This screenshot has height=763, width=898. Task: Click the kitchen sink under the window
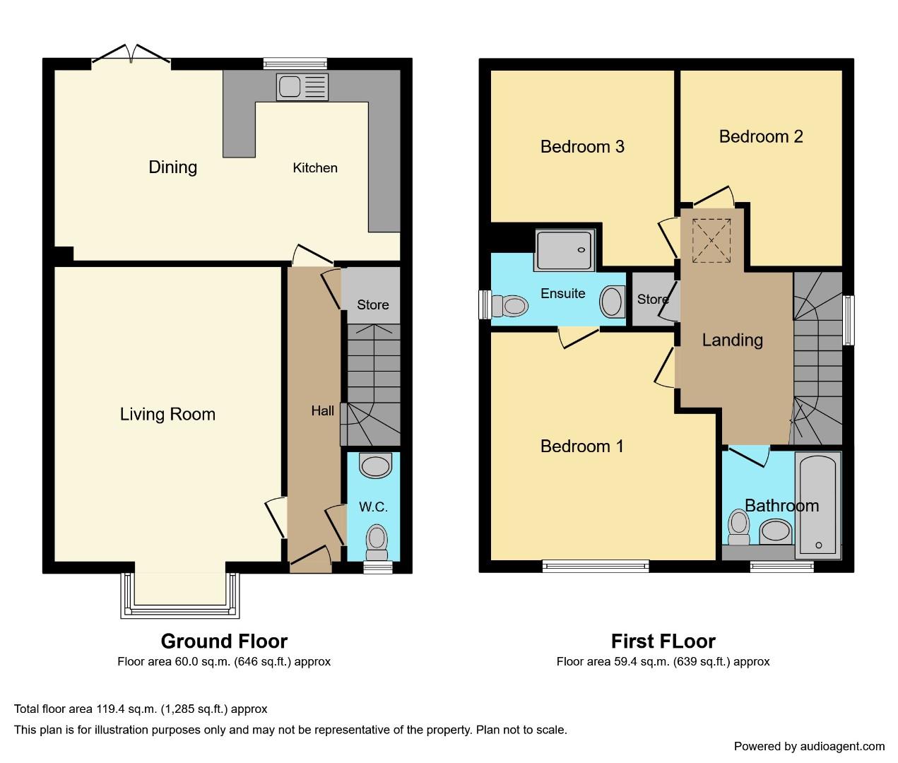coord(302,86)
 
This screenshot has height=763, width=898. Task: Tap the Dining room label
coord(173,167)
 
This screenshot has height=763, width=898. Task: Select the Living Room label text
coord(167,415)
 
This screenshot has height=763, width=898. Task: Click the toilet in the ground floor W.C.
coord(377,543)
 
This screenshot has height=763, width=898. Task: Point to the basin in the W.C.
coord(375,465)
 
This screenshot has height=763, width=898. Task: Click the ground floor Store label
coord(373,305)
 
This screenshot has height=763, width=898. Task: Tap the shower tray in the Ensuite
coord(565,251)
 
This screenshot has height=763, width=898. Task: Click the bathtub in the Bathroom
coord(817,506)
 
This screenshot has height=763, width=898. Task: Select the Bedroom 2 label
coord(761,137)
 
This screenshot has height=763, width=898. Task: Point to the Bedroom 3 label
coord(582,147)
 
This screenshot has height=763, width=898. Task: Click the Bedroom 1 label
coord(581,446)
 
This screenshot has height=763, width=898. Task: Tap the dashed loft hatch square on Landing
coord(711,240)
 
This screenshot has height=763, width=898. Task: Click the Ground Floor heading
coord(224,641)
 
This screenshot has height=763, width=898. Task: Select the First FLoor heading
coord(663,641)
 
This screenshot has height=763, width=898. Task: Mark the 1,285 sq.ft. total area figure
coord(194,709)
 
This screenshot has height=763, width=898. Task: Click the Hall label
coord(322,411)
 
